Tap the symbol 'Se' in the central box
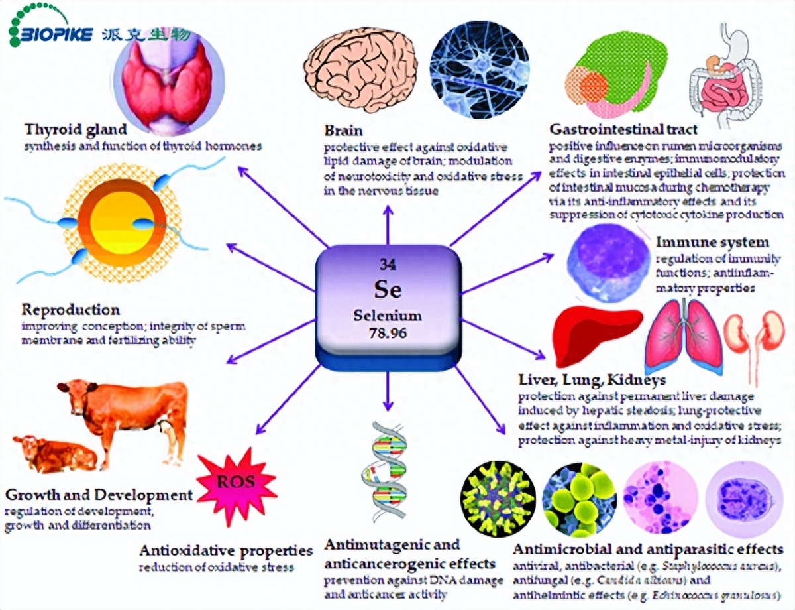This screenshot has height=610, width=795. pyautogui.click(x=388, y=289)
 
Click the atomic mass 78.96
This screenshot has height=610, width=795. pyautogui.click(x=388, y=330)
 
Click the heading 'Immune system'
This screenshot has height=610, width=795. pyautogui.click(x=712, y=242)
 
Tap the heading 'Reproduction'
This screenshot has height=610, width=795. pyautogui.click(x=71, y=310)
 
